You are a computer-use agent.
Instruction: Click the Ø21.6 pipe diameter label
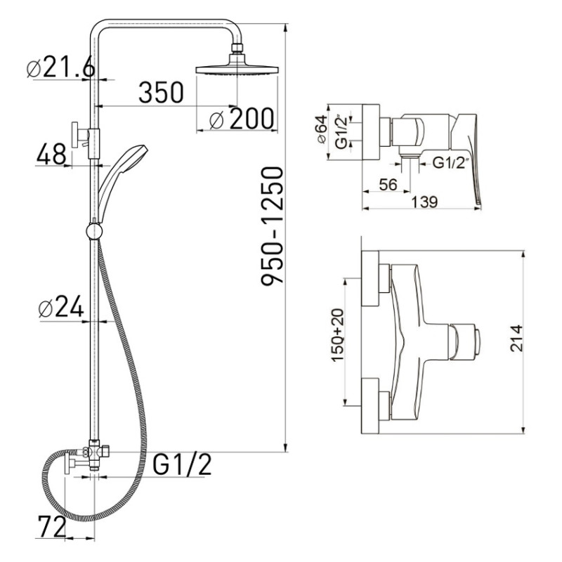point(61,67)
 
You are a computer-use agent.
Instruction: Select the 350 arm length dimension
point(161,93)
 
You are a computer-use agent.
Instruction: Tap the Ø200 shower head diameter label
point(242,119)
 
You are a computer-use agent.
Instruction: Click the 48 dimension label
point(51,154)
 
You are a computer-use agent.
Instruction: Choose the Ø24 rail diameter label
point(61,306)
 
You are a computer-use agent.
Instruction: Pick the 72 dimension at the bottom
point(52,527)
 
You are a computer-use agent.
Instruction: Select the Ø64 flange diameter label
point(322,129)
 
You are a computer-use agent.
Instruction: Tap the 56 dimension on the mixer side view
point(388,185)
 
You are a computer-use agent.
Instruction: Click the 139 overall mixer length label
point(424,202)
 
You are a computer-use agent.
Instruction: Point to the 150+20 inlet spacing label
point(338,335)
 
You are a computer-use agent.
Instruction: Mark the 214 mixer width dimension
point(516,338)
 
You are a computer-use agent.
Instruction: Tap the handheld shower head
point(122,179)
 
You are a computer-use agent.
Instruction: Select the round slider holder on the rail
point(95,232)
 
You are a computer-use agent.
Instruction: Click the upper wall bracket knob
point(75,134)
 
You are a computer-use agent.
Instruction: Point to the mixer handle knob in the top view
point(465,341)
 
